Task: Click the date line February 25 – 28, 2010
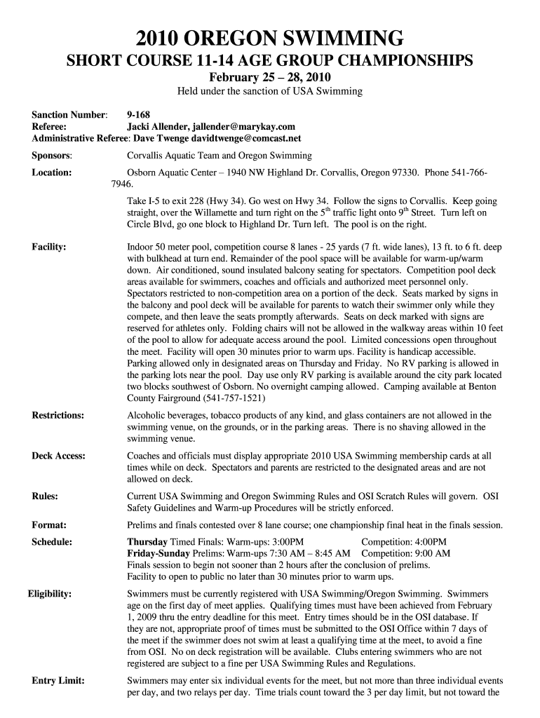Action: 270,76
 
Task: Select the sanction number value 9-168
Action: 138,114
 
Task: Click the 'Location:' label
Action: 52,172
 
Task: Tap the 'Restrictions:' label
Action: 58,415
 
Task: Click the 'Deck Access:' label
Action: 59,456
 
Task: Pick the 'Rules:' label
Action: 45,496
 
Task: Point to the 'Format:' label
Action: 49,524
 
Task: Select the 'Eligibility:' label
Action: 50,594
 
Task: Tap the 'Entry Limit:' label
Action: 59,681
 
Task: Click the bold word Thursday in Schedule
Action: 147,542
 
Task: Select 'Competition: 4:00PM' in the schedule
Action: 403,542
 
